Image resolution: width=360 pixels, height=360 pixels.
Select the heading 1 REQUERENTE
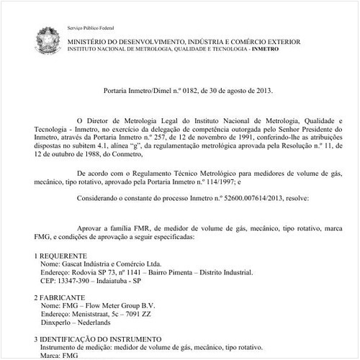click(x=61, y=256)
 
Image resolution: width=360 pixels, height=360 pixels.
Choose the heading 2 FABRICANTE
click(x=61, y=296)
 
